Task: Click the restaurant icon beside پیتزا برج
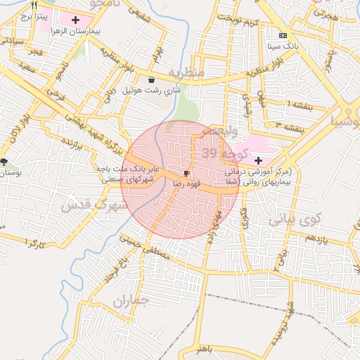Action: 34,5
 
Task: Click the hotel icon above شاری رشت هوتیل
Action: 153,80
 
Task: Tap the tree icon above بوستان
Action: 4,162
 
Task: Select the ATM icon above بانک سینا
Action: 283,35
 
